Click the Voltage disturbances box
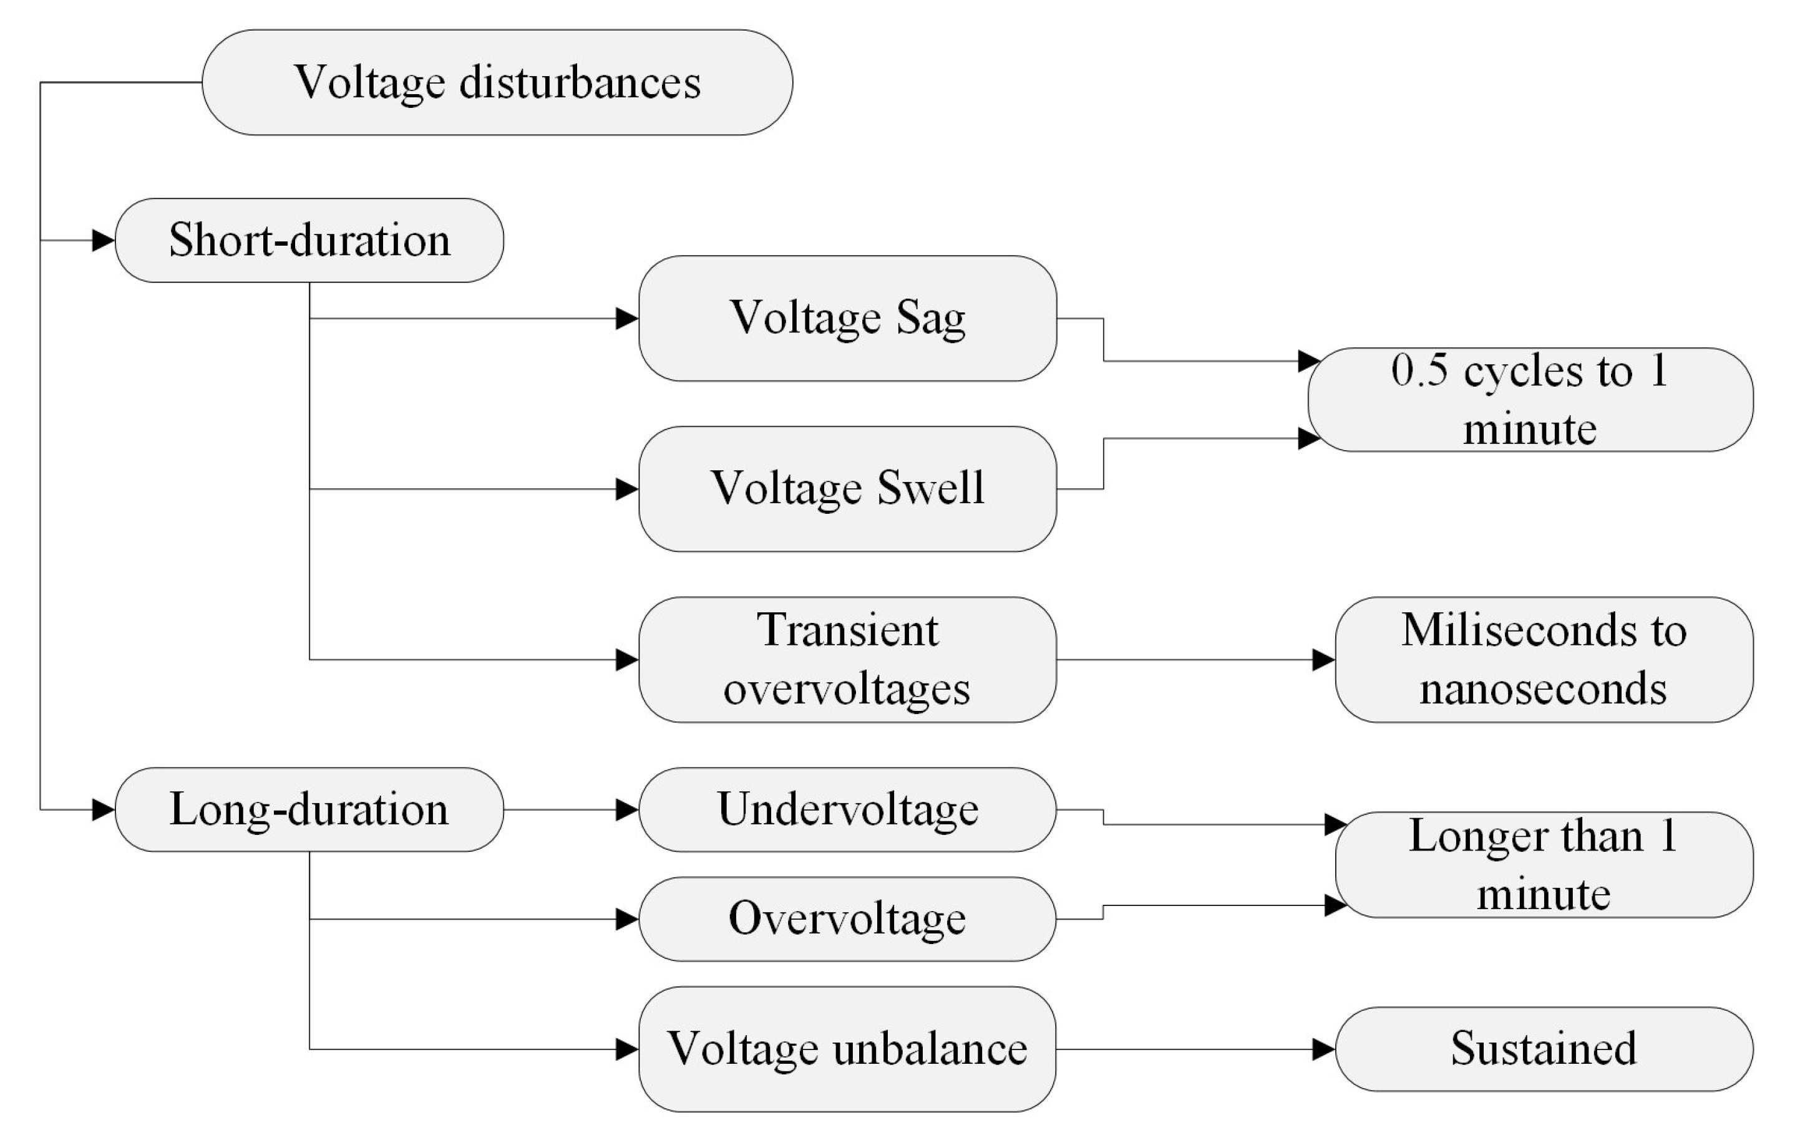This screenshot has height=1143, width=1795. coord(497,82)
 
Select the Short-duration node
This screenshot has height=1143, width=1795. coord(309,240)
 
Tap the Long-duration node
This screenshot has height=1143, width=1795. coord(309,809)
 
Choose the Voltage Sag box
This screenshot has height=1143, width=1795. coord(847,318)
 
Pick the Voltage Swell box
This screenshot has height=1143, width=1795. coord(847,489)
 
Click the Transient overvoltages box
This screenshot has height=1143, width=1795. coord(847,660)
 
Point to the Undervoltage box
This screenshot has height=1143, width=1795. coord(847,809)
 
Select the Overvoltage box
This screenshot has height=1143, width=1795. coord(847,919)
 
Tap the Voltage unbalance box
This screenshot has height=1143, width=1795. coord(847,1049)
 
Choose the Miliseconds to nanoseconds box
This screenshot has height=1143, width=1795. coord(1544,660)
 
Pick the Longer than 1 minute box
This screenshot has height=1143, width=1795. coord(1544,865)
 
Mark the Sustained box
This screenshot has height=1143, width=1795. coord(1544,1049)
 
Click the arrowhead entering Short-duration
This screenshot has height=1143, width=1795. coord(104,241)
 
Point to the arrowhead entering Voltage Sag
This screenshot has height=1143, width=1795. coord(627,319)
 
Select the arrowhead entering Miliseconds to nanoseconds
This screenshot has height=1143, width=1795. coord(1324,660)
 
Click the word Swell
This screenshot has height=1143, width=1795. coord(930,489)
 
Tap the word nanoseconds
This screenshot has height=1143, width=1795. coord(1543,688)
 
